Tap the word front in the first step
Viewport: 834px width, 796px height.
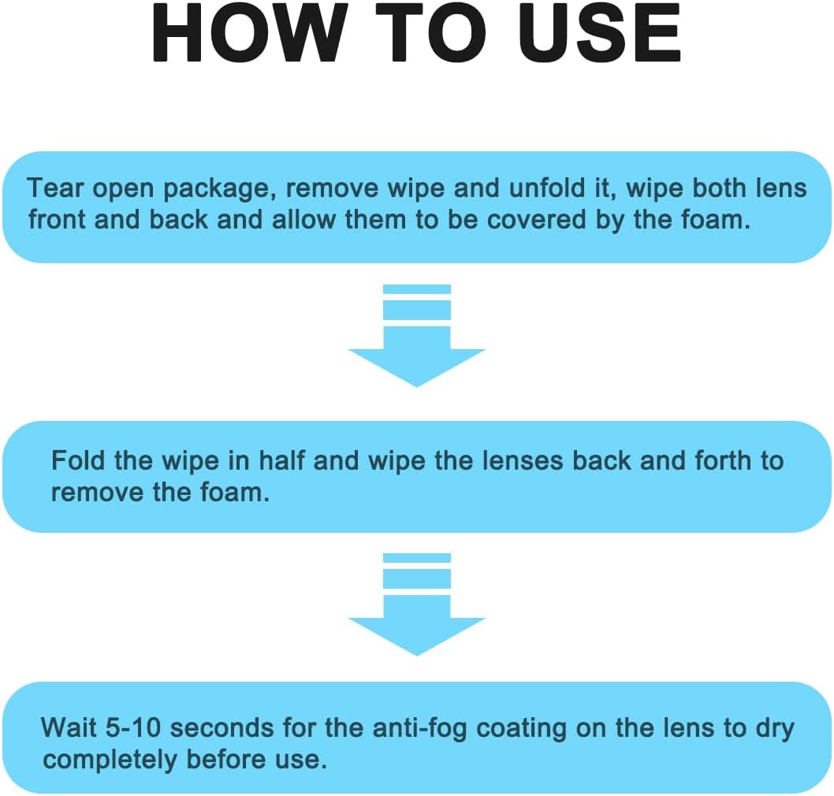coord(58,220)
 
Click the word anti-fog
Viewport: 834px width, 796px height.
coord(422,727)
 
